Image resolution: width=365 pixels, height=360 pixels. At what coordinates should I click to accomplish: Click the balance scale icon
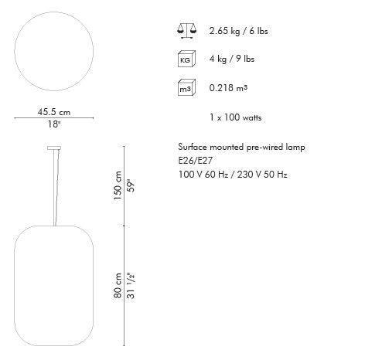(186, 31)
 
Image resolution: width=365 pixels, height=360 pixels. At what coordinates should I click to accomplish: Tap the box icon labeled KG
(186, 59)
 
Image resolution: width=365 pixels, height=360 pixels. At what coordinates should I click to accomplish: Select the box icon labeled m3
(186, 87)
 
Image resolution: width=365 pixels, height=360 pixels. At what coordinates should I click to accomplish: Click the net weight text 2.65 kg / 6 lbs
(238, 31)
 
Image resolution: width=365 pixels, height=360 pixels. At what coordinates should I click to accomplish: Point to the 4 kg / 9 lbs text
(232, 59)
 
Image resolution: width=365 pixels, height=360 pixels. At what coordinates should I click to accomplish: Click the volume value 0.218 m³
(228, 88)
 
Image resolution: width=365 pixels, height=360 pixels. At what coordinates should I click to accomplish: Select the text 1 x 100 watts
(236, 117)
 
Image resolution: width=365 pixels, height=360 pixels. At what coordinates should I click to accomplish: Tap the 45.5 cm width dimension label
(54, 112)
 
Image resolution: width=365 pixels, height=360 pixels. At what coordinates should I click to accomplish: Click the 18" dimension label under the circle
(54, 124)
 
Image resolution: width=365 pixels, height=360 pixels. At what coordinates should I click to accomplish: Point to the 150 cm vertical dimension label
(118, 185)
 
